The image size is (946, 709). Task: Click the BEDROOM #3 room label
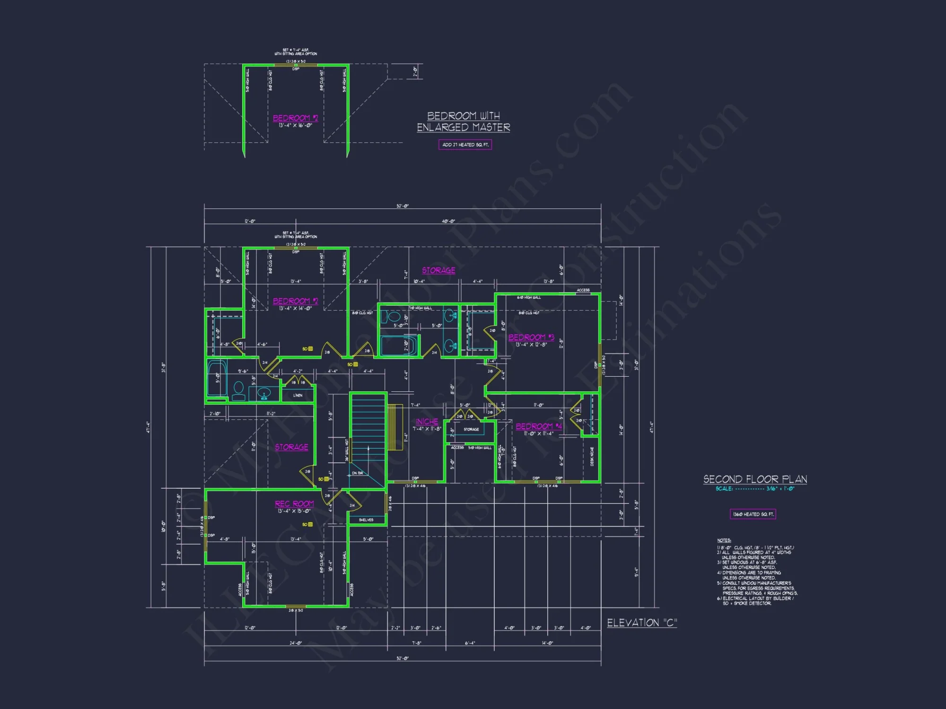coord(531,337)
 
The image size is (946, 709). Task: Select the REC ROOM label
coord(294,504)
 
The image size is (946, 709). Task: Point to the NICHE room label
coord(427,422)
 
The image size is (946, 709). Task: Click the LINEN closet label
coord(298,395)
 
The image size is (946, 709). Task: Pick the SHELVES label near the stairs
coord(366,520)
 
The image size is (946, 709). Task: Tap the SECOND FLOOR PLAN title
coord(755,479)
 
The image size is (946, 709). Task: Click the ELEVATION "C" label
coord(642,623)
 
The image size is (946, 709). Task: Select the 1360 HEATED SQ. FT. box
coord(753,514)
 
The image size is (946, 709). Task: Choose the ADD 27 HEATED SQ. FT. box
coord(465,145)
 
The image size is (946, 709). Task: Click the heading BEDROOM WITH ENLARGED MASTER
coord(464,121)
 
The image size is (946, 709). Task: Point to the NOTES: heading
coord(724,540)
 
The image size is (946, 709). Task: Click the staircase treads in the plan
coord(368,425)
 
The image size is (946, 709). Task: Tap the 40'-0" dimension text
coord(448,221)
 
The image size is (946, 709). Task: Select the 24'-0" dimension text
coord(296,643)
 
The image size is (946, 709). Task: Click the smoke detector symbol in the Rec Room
coord(310,525)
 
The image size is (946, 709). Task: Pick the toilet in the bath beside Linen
coord(238,389)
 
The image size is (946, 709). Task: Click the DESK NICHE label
coord(592,457)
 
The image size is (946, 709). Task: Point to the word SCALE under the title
coord(724,489)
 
